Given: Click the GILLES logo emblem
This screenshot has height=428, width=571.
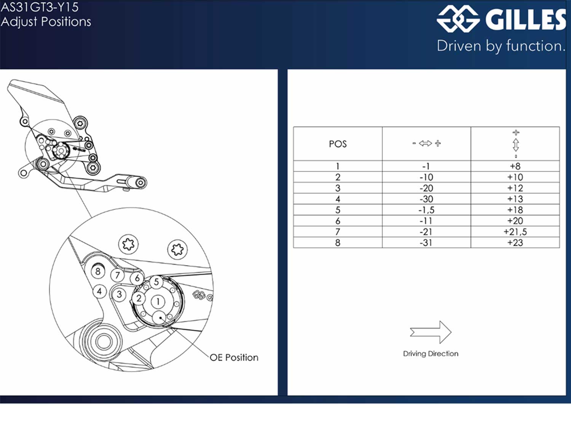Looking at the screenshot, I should pos(458,19).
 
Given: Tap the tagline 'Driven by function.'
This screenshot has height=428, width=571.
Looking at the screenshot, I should pos(501,46).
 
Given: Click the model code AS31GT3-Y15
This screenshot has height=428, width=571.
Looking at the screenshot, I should pos(40,7).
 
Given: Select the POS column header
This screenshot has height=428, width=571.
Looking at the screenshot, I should pos(338,144).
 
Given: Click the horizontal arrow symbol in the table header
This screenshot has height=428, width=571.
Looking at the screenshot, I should pos(426,143).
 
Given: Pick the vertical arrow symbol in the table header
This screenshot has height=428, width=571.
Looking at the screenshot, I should pos(515,144).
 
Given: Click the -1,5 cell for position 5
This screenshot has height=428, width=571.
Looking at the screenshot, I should pos(426,210).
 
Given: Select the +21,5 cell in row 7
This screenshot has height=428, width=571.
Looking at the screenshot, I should pos(515,232).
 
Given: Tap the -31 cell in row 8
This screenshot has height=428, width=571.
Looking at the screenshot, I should pos(426,243).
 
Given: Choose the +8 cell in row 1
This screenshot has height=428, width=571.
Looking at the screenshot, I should pos(515,166).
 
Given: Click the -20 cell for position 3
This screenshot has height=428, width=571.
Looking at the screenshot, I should pos(426,188).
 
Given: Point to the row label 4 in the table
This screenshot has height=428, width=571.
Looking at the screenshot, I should pos(338,199).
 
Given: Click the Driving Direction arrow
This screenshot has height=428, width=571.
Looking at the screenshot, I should pos(431,332).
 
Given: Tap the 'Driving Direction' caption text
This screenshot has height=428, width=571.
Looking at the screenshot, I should pos(431,354).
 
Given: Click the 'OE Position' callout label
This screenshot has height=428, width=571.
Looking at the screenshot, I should pos(234,358).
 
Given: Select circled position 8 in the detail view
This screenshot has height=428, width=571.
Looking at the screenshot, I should pos(98,271).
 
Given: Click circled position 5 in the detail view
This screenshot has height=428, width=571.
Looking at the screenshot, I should pos(156,282).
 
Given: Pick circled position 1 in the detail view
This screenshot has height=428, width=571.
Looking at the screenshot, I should pos(158,302).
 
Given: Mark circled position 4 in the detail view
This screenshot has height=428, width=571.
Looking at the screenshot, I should pos(99,291).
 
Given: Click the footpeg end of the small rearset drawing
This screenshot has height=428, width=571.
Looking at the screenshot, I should pos(140,183).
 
